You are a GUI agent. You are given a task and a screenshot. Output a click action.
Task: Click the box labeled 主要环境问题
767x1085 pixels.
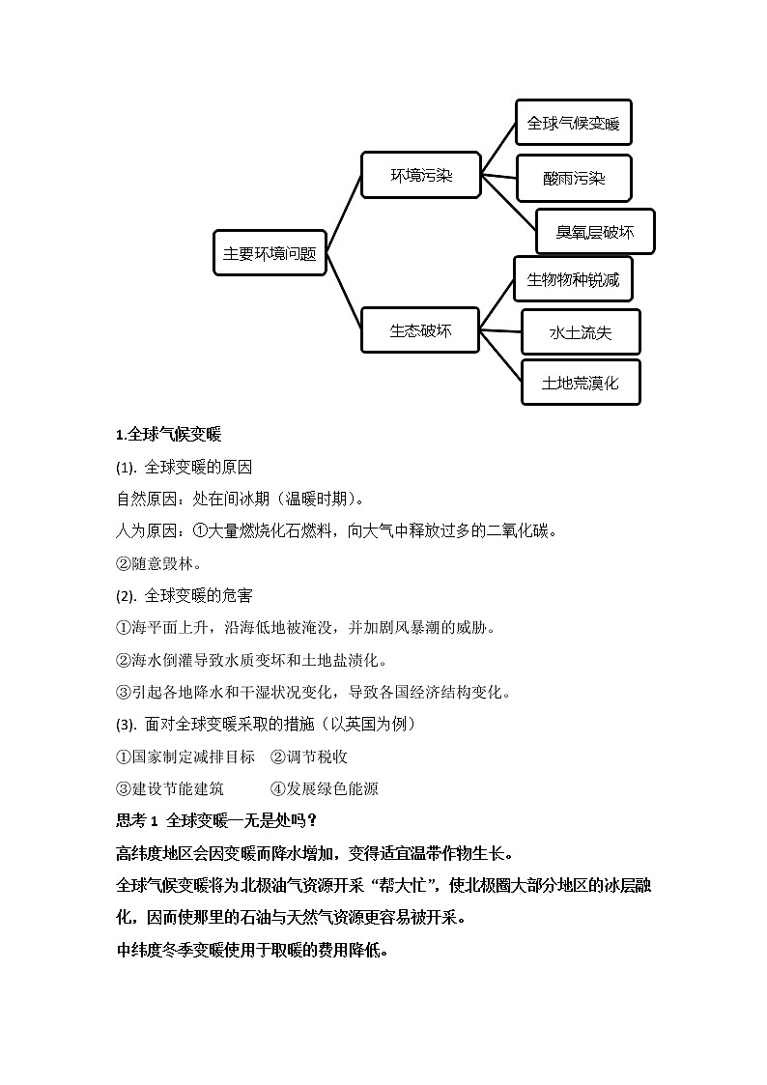click(270, 253)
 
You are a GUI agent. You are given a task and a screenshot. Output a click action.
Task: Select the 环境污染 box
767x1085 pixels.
click(420, 176)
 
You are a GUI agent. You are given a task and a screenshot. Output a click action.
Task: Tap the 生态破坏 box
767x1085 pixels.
click(420, 330)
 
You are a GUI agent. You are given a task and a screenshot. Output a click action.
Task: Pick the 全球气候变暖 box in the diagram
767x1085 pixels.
click(573, 124)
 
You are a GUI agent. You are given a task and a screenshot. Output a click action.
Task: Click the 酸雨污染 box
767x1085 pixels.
click(573, 178)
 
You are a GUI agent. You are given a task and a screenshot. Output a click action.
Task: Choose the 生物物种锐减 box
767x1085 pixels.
click(573, 280)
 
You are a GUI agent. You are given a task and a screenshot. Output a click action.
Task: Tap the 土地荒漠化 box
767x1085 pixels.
click(580, 383)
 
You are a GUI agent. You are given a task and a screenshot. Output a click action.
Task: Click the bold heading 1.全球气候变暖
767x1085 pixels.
click(168, 435)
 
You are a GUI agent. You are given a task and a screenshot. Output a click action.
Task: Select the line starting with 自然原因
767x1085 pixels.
click(240, 500)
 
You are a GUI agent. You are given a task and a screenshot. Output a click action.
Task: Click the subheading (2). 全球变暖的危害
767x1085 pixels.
click(184, 595)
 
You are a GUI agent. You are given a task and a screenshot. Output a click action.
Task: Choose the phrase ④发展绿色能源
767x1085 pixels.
click(324, 788)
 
